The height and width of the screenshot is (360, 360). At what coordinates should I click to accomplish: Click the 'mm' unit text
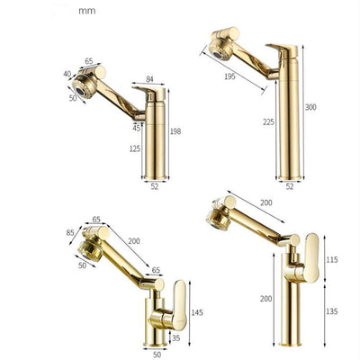point(87,11)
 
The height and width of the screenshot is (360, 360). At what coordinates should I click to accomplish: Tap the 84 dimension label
point(149,79)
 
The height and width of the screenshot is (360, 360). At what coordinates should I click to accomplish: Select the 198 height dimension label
point(175,131)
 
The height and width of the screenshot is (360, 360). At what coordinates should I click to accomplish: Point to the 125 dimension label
point(135,148)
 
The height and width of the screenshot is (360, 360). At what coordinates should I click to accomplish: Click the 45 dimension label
point(137,128)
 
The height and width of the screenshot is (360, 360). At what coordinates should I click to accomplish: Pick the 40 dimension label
point(67,74)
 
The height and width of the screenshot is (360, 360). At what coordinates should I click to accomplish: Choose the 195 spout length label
point(230,76)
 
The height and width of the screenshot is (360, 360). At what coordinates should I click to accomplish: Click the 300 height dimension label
point(310,107)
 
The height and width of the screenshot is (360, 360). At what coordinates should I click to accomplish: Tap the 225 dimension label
point(268,122)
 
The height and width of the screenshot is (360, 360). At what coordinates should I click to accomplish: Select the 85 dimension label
point(70,232)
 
